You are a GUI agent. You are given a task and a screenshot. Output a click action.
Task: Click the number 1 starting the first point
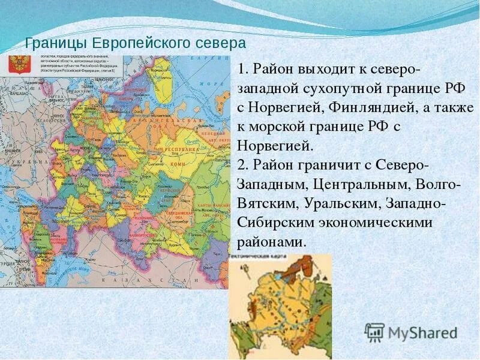tap(241, 69)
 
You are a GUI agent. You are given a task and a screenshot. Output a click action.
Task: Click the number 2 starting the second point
tap(241, 166)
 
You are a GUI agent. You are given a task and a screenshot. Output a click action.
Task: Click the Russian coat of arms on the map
tap(19, 65)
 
